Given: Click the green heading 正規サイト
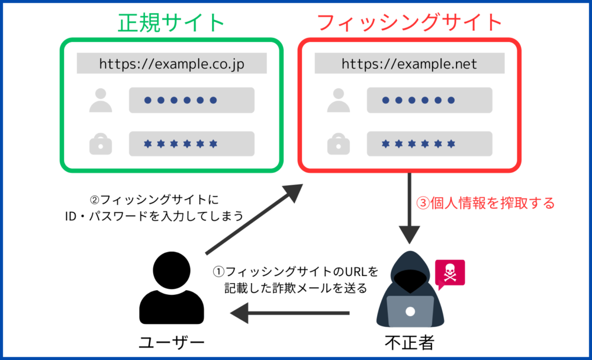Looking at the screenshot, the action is coord(172,22).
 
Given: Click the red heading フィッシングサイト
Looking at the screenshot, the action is coord(409,22).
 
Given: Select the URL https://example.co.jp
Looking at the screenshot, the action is coord(172,64).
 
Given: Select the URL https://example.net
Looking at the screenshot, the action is coord(409,64).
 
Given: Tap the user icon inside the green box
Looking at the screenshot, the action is coord(101,100).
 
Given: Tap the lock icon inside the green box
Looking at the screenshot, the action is coord(101,144).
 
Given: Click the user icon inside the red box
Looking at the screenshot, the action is coord(338,100).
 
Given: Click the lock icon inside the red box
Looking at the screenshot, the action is coord(338,144).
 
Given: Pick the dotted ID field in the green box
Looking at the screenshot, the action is coord(192,100).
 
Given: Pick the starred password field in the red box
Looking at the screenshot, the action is coord(430,144).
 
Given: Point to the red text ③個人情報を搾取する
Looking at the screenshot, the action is coord(485,203).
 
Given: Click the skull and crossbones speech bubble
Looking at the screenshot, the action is coord(450,274).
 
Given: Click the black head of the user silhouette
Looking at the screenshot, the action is coord(172,271).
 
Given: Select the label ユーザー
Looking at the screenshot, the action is coord(172,343).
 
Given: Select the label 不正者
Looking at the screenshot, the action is coord(410,343).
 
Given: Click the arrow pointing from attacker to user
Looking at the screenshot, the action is coord(289,313).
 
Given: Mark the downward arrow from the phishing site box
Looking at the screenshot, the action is coord(409,208).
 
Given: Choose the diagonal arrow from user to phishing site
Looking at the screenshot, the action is coord(255,219).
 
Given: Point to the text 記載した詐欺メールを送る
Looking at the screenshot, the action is coord(295,288).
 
